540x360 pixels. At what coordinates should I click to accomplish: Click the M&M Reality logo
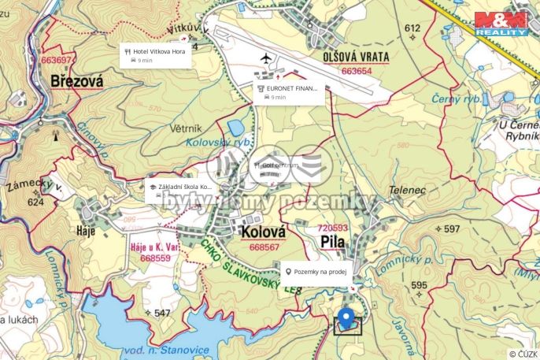[501, 23]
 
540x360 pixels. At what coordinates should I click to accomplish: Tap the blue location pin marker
[346, 318]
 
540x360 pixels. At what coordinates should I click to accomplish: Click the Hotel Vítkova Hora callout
[157, 55]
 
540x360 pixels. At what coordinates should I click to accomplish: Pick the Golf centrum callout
[275, 169]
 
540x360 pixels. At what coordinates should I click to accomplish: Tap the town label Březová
[76, 80]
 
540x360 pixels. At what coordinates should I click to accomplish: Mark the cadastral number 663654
[357, 70]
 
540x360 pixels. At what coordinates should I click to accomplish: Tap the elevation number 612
[412, 28]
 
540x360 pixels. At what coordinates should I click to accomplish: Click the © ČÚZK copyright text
[522, 354]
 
